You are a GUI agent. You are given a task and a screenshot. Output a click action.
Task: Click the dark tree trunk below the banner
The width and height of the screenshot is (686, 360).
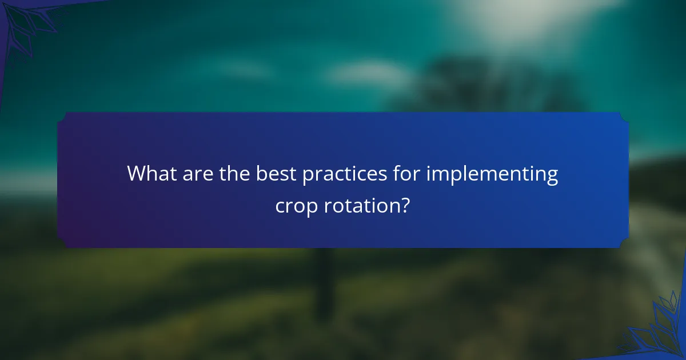click(x=325, y=280)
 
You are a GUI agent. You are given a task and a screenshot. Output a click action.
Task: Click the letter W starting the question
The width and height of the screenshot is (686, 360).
click(x=135, y=173)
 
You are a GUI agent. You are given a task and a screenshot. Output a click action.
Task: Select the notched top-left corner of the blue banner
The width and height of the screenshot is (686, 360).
click(x=63, y=117)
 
